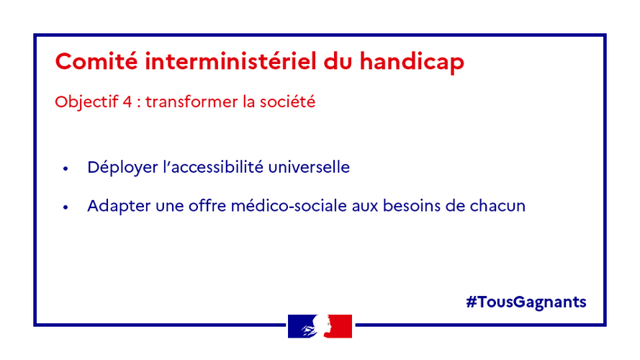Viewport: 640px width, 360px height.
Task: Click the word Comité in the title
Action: pyautogui.click(x=96, y=61)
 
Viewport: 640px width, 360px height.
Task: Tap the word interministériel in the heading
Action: pyautogui.click(x=230, y=61)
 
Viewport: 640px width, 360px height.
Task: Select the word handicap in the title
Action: pyautogui.click(x=412, y=62)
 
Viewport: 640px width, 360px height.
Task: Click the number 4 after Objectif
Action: pyautogui.click(x=127, y=102)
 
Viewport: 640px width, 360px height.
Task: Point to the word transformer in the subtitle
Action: pyautogui.click(x=191, y=102)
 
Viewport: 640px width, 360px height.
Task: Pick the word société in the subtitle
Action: pyautogui.click(x=287, y=102)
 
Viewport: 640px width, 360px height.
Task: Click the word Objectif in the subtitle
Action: pyautogui.click(x=86, y=102)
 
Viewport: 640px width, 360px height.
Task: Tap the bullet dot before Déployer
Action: pyautogui.click(x=66, y=168)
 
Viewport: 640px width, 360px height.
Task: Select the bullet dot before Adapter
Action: pyautogui.click(x=66, y=207)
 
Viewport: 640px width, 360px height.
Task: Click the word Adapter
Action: pyautogui.click(x=119, y=206)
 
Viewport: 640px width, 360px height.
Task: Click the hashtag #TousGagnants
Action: pyautogui.click(x=526, y=302)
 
